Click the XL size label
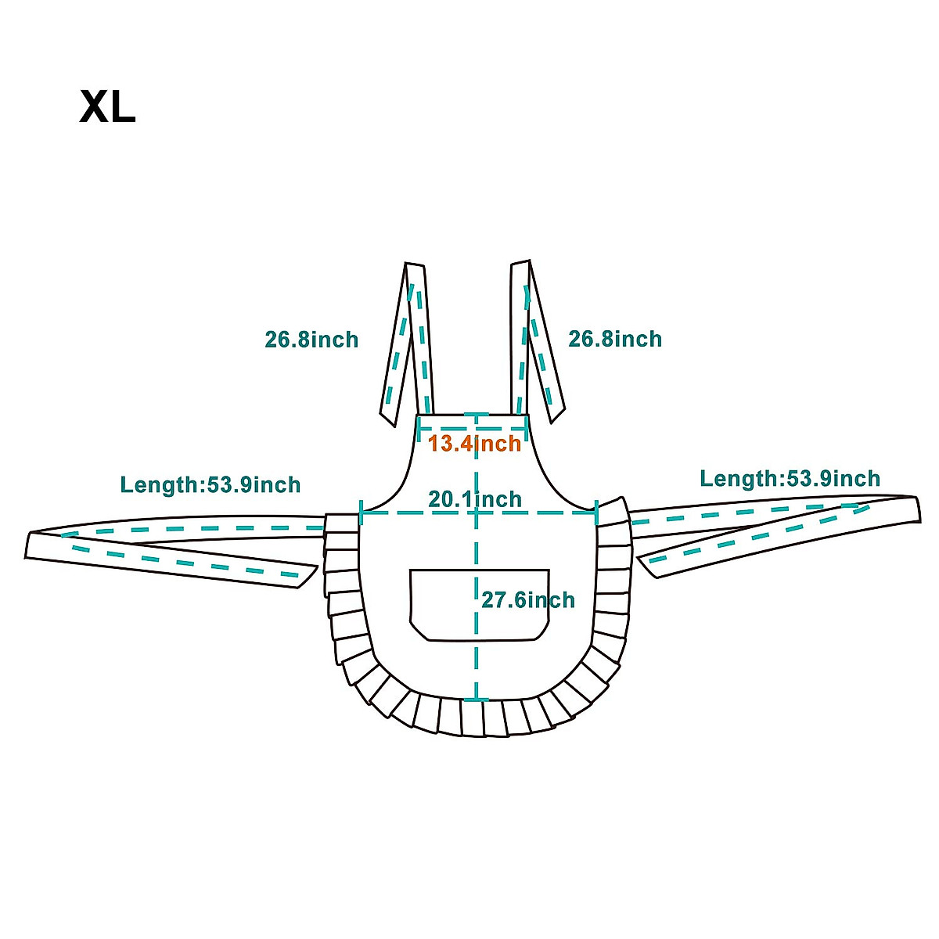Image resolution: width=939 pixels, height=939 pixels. (x=107, y=107)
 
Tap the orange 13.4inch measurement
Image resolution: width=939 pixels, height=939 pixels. (x=474, y=444)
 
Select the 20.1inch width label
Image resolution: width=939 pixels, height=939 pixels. (x=474, y=498)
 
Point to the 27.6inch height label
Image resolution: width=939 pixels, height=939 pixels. (x=527, y=600)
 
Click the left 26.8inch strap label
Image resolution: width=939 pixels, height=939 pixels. (x=311, y=340)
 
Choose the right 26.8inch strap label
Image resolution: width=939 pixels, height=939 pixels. (x=615, y=339)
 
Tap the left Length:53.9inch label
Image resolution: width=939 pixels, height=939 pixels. (x=210, y=485)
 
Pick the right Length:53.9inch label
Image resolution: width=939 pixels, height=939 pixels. (x=790, y=479)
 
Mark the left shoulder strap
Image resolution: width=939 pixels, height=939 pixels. (x=408, y=344)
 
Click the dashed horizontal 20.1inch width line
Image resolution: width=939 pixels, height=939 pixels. (x=407, y=513)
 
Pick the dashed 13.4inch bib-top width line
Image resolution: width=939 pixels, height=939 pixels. (x=446, y=428)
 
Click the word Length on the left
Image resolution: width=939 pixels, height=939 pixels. (x=160, y=485)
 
